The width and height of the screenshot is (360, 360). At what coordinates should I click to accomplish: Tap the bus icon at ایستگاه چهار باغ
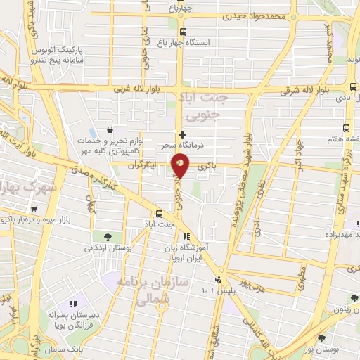point(183,32)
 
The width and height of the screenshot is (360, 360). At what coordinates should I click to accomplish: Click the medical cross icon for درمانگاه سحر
point(183,134)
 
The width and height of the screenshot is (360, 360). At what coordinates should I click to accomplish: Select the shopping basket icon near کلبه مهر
point(110,129)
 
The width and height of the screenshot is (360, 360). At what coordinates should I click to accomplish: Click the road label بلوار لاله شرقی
point(304,91)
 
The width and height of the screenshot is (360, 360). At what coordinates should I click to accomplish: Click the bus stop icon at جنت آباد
point(159,214)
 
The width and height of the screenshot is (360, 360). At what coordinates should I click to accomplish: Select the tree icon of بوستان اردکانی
point(107,236)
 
